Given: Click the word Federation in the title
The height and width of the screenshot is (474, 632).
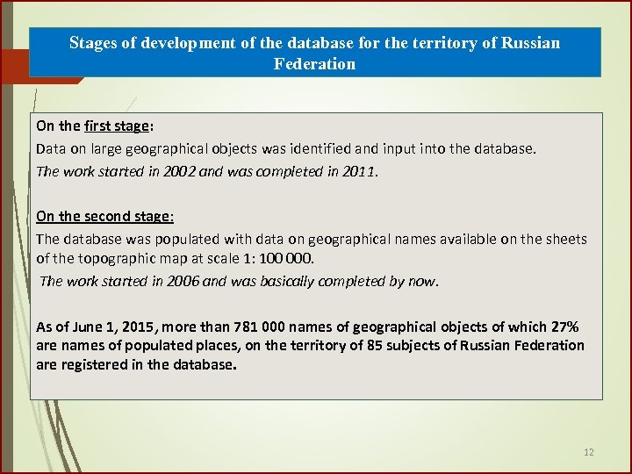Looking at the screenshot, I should point(314,63).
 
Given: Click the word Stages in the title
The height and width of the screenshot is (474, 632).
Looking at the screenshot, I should point(92,42).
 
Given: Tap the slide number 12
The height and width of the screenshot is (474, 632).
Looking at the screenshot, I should point(588,452).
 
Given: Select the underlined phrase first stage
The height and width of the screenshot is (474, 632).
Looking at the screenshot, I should point(117,126).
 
